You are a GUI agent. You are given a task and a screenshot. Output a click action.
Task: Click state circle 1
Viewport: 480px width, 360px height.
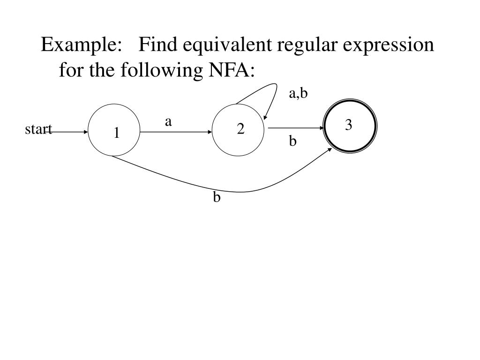coord(114,130)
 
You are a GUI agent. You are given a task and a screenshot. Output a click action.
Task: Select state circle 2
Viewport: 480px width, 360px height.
coord(238,128)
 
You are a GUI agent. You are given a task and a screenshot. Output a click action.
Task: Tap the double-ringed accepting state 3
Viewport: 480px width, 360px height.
coord(350,126)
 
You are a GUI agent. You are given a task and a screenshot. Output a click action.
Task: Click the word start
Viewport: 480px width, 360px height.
coord(38,129)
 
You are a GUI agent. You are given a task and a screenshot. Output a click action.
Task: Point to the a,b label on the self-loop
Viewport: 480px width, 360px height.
coord(298,94)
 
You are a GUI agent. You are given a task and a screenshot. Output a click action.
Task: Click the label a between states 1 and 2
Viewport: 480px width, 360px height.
coord(168,122)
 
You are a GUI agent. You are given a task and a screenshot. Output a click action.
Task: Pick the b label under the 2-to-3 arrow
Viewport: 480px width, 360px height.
coord(292,141)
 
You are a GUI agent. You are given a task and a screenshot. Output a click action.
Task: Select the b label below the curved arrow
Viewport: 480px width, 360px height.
coord(217,197)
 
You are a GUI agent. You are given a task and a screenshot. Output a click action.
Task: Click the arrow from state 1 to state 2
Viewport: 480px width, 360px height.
coord(176,132)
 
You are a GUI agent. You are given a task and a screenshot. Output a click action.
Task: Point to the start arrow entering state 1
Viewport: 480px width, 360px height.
coord(70,132)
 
